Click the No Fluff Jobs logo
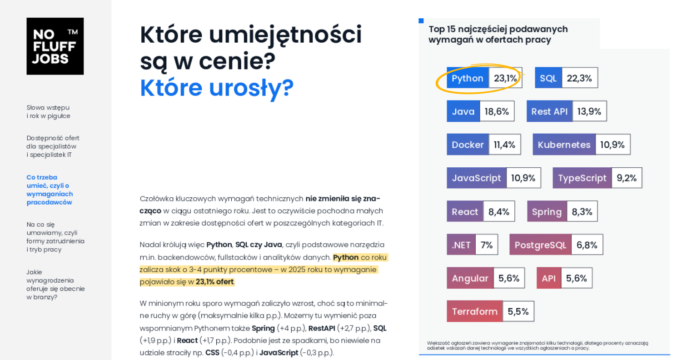click(x=55, y=46)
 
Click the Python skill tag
click(x=468, y=78)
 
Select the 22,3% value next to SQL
click(x=579, y=78)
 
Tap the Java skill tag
click(x=463, y=111)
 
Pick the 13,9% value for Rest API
click(x=589, y=111)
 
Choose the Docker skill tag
click(x=468, y=145)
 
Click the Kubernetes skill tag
click(x=564, y=145)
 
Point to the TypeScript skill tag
click(x=582, y=178)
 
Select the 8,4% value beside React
click(x=499, y=211)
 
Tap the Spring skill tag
click(x=547, y=211)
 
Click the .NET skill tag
click(x=461, y=245)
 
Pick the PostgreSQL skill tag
click(x=540, y=245)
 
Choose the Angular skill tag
click(x=470, y=278)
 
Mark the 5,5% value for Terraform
click(x=518, y=311)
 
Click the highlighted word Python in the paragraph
click(x=346, y=258)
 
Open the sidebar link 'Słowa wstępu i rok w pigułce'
click(x=48, y=112)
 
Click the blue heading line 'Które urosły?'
click(x=217, y=88)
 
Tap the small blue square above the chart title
click(x=421, y=21)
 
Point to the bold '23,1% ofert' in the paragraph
click(x=214, y=282)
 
